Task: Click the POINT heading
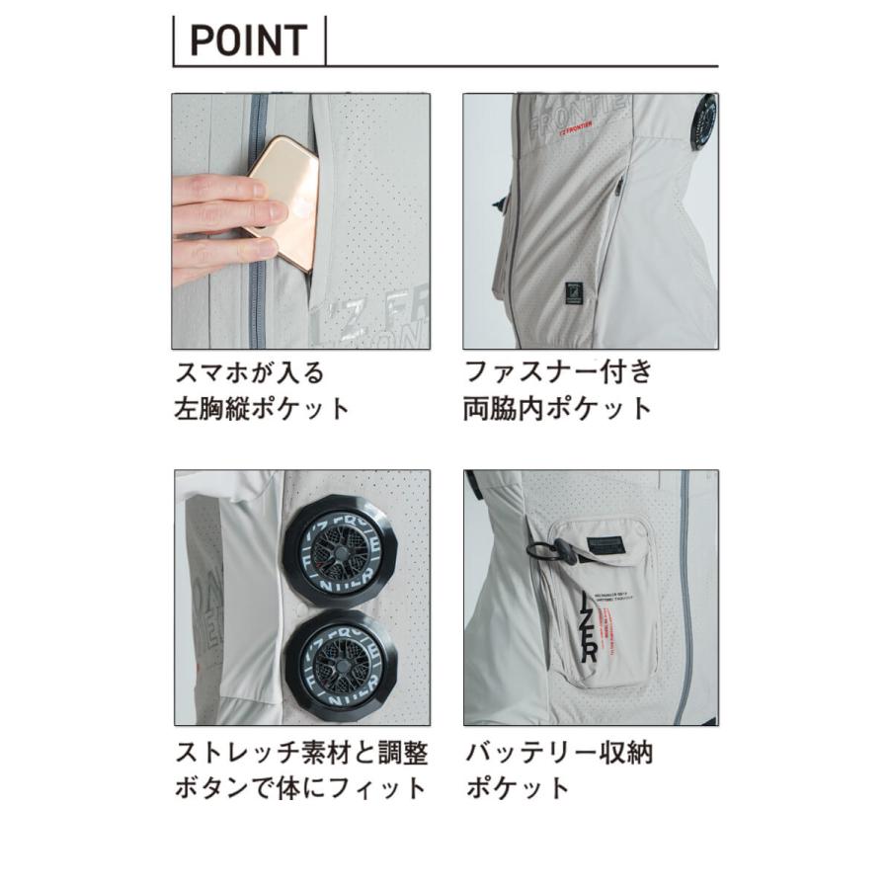(248, 40)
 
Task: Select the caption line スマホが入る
(249, 373)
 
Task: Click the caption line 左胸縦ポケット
(262, 409)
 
